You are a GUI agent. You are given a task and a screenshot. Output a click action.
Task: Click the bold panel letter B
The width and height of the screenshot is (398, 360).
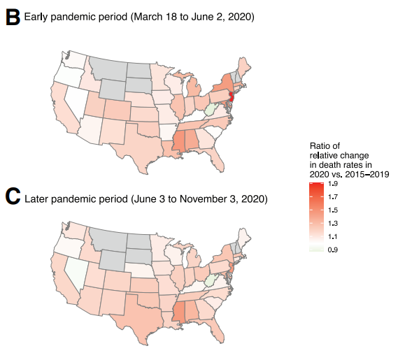(x=12, y=17)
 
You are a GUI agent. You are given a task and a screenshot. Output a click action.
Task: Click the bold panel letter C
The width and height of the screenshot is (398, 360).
(x=12, y=197)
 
